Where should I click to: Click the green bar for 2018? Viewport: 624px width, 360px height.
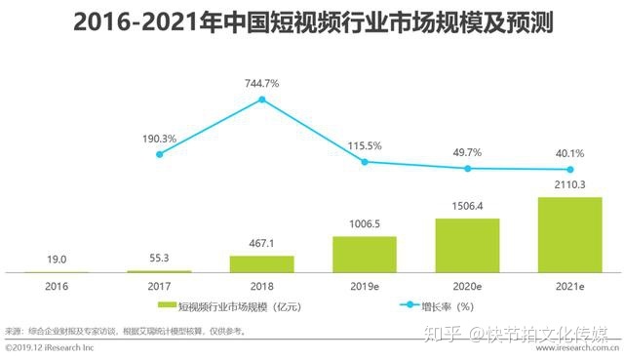[x=261, y=263]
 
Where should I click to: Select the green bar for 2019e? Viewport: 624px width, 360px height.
[x=365, y=254]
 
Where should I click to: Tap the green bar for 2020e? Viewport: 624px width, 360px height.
[x=467, y=245]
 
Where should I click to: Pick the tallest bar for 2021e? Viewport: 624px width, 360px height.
[x=569, y=234]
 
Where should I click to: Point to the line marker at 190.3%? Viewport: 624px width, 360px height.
[x=159, y=154]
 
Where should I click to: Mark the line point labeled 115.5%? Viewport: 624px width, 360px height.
[x=365, y=161]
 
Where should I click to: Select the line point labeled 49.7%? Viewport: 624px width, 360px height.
[x=467, y=168]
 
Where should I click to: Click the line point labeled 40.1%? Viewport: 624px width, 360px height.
[x=569, y=169]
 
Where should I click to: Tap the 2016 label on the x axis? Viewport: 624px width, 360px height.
[x=57, y=288]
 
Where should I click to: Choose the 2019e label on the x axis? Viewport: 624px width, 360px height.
[x=365, y=288]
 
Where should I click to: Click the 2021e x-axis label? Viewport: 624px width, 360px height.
[x=569, y=288]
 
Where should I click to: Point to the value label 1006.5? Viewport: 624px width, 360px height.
[x=365, y=223]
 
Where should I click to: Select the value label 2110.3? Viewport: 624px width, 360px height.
[x=569, y=185]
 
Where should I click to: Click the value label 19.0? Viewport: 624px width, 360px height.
[x=57, y=259]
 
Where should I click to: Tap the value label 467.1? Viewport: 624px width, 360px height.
[x=261, y=244]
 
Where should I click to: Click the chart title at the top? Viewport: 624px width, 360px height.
[x=312, y=22]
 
